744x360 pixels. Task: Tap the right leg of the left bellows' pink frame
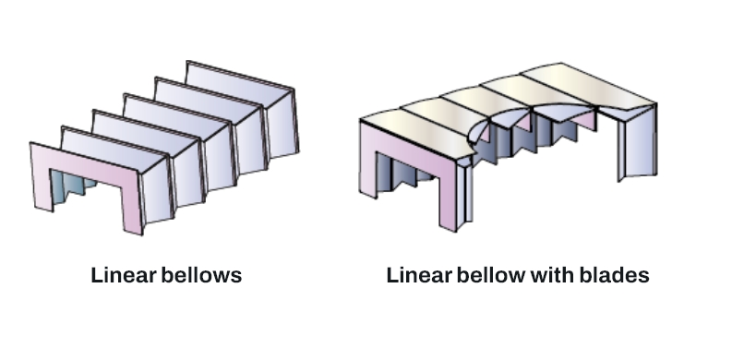pyautogui.click(x=132, y=198)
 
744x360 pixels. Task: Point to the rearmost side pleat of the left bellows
pyautogui.click(x=282, y=120)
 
